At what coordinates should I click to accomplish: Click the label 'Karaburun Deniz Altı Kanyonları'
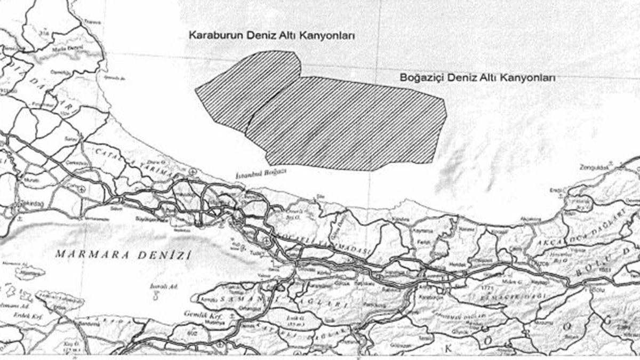tap(272, 35)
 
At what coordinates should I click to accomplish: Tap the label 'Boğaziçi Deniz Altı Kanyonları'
tap(478, 77)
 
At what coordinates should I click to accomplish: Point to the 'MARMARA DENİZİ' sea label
tap(123, 255)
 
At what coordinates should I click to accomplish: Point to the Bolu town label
tap(598, 290)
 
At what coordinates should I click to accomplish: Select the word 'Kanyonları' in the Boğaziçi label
tap(531, 77)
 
